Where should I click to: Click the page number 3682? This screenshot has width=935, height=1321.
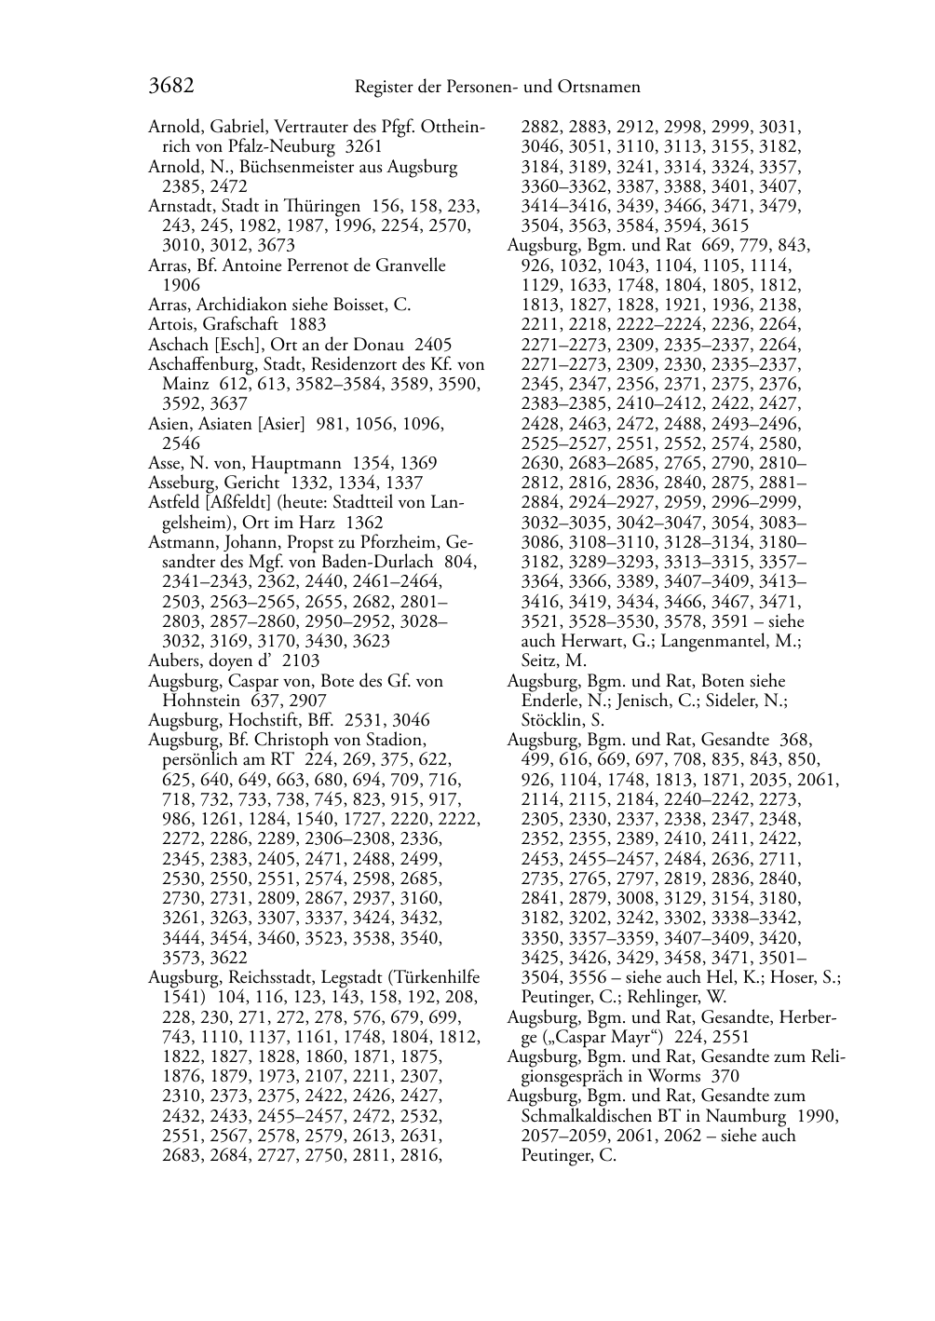coord(170,87)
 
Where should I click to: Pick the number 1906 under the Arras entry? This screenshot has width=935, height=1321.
coord(181,285)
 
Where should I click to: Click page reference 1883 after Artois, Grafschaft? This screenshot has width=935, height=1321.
coord(308,325)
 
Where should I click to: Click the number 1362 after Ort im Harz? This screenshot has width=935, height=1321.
coord(364,523)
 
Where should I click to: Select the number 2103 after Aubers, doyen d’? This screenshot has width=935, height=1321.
coord(301,661)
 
